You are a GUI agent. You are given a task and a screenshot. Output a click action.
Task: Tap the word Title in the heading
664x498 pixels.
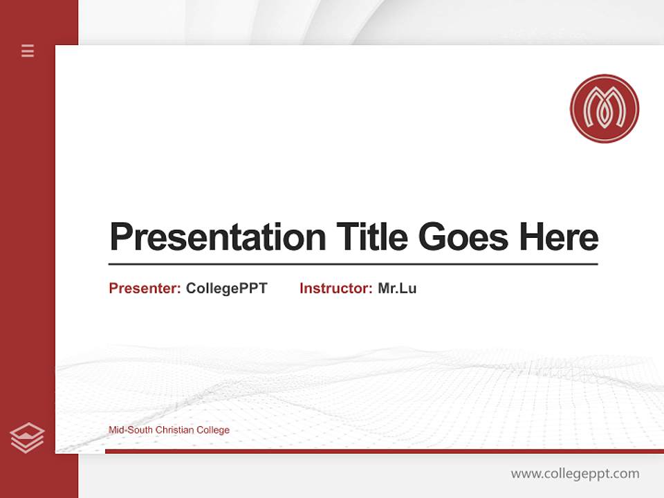tap(372, 237)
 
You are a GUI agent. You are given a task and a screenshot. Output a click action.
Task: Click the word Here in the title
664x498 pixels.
tap(558, 237)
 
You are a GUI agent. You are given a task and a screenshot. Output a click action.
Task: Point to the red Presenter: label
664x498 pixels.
tap(145, 288)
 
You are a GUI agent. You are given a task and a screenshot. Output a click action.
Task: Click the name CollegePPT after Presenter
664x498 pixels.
tap(226, 288)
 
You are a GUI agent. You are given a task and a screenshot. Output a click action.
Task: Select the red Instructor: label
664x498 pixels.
tap(336, 288)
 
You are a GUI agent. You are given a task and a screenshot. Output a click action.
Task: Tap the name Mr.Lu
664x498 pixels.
tap(397, 288)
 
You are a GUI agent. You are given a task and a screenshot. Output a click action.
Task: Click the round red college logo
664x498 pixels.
tap(604, 109)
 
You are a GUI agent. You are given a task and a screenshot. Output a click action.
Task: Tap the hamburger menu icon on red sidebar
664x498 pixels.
tap(28, 50)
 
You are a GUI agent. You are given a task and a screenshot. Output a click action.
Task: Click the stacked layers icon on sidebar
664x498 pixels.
tap(27, 438)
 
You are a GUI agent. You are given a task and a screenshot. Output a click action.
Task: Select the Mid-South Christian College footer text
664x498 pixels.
tap(169, 430)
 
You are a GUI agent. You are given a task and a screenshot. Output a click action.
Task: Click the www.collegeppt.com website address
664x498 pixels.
tap(575, 474)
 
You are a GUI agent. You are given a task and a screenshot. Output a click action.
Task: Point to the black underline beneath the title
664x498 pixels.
tap(353, 264)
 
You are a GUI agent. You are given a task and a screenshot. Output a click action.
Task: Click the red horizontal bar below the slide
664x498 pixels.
tap(384, 451)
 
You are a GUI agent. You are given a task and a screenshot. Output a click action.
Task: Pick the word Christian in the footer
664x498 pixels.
tap(175, 430)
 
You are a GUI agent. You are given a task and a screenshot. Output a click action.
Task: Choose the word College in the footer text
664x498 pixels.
tap(213, 430)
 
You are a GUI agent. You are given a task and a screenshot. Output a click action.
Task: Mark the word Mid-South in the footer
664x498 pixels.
tap(131, 430)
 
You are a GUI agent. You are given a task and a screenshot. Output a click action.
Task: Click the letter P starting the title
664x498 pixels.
tap(120, 237)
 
